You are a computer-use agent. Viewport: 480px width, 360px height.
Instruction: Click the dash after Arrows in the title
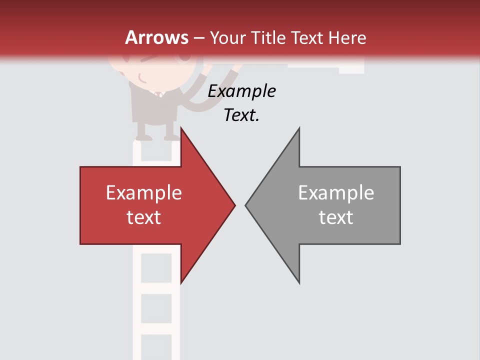(199, 38)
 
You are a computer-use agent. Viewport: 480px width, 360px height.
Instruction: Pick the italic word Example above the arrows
(241, 91)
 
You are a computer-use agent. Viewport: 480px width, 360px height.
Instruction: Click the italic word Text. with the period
(241, 115)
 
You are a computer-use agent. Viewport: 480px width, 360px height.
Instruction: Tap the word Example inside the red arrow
(143, 193)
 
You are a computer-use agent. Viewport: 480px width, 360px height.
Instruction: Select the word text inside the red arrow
(143, 217)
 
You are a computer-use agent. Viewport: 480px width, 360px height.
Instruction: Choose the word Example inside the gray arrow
(336, 193)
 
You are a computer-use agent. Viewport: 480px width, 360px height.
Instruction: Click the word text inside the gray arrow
(336, 217)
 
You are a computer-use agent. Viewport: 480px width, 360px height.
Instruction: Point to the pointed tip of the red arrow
(234, 205)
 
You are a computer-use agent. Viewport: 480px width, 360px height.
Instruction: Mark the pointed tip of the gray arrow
(246, 205)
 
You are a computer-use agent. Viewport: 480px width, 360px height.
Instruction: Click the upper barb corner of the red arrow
(181, 128)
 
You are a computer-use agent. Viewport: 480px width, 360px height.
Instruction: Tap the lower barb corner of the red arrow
(181, 283)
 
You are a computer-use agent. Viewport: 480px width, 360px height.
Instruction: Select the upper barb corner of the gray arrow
(299, 128)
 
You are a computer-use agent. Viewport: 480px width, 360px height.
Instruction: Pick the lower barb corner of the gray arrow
(299, 283)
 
